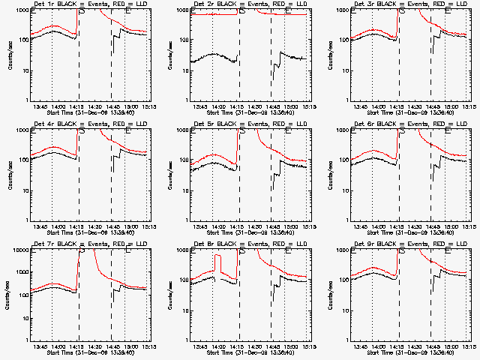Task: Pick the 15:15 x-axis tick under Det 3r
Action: point(465,106)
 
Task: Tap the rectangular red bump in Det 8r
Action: point(218,264)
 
